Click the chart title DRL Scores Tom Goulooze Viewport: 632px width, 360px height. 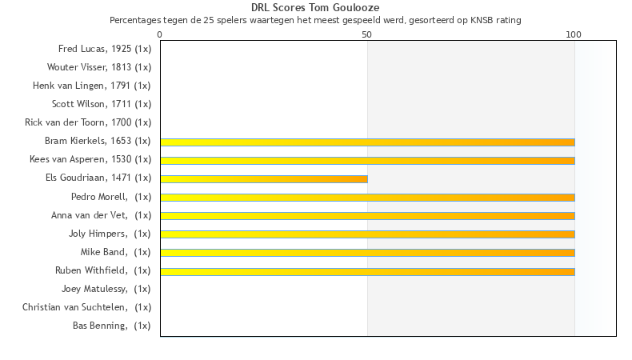point(315,8)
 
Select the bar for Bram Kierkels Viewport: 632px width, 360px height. point(367,142)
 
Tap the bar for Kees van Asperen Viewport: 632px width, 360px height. point(367,160)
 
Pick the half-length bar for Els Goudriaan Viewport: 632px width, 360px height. point(264,178)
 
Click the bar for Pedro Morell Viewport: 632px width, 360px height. point(367,197)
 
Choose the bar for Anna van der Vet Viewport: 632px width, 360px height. point(367,215)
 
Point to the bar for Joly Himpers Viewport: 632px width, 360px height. point(367,234)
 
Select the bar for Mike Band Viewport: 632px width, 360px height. point(367,252)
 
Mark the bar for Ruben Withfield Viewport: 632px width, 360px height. point(367,271)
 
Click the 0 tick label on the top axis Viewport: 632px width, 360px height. point(160,35)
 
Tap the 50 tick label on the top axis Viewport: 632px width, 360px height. point(367,35)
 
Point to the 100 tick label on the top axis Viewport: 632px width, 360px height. point(574,35)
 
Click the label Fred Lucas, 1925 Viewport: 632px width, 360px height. point(105,49)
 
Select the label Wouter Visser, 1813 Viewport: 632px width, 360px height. point(99,67)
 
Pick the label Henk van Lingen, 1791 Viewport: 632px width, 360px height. point(92,86)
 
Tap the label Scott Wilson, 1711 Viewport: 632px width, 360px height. point(102,104)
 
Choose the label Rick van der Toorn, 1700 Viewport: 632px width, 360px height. point(88,122)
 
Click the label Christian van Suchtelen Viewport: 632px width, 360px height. point(86,307)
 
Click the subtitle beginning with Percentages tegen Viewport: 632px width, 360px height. point(315,20)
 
